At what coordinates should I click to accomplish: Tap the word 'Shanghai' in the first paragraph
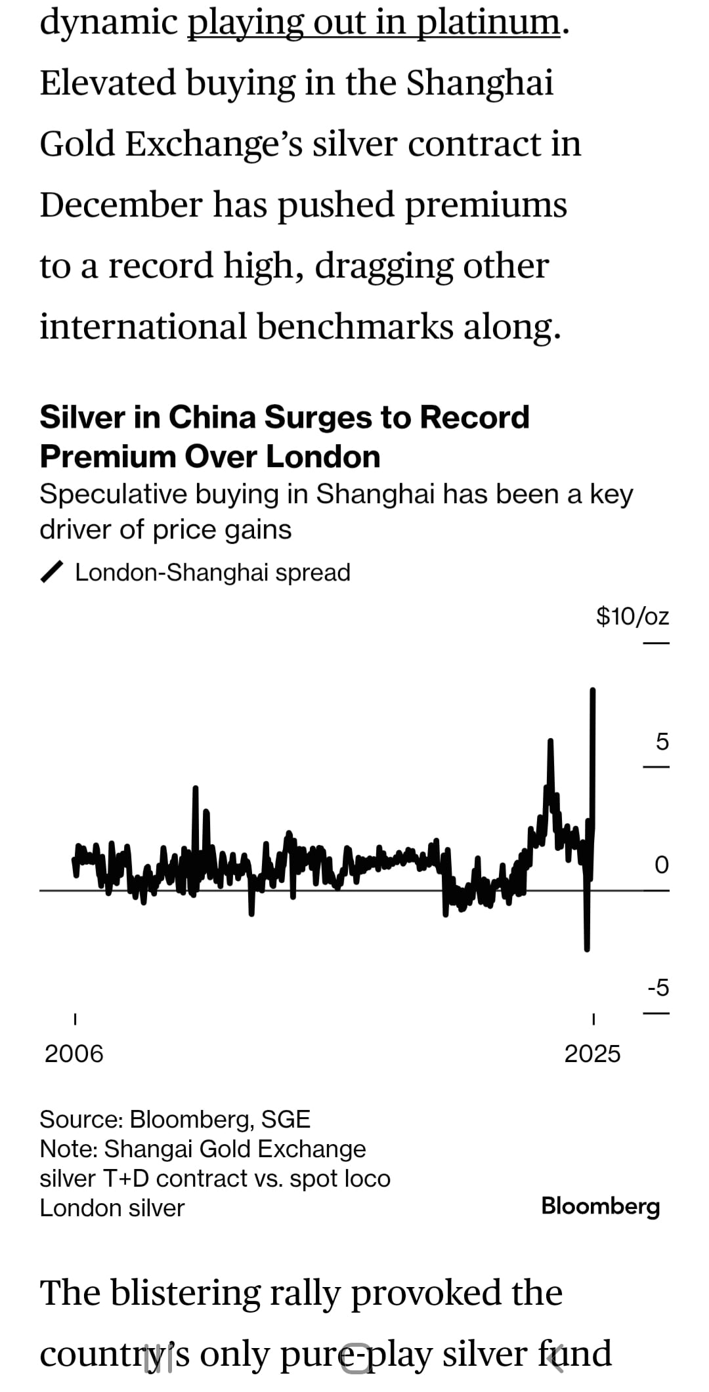click(x=479, y=83)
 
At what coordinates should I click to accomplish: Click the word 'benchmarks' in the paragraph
click(x=354, y=327)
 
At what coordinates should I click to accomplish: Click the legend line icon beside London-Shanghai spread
click(x=52, y=572)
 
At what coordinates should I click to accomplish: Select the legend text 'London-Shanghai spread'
click(x=213, y=573)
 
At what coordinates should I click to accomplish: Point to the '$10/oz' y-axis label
click(x=632, y=616)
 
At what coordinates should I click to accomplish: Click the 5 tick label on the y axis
click(x=662, y=742)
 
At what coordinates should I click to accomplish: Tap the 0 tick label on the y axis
click(x=662, y=865)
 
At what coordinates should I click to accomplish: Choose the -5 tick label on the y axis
click(x=658, y=987)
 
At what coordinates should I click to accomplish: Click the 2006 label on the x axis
click(x=74, y=1054)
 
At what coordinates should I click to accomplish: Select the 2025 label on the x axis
click(x=592, y=1054)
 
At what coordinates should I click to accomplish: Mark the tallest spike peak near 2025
click(x=593, y=691)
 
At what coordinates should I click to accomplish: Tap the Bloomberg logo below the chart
click(x=600, y=1206)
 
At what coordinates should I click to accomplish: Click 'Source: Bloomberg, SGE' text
click(x=175, y=1118)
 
